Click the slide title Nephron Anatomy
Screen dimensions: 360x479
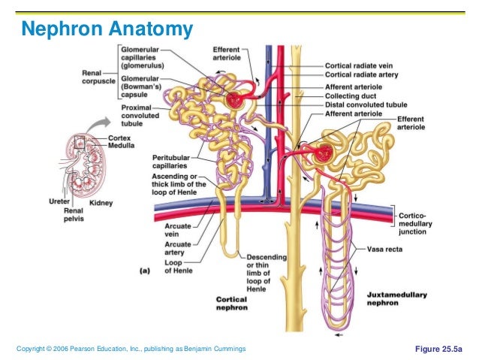107,29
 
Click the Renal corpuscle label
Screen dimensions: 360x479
97,77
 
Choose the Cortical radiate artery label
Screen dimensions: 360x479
360,75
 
